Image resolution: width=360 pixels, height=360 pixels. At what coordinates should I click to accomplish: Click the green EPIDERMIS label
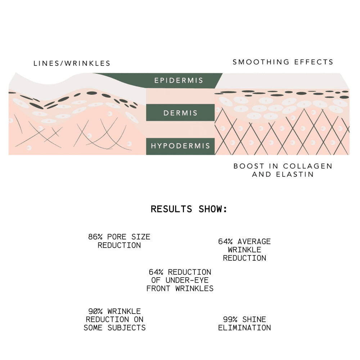point(179,80)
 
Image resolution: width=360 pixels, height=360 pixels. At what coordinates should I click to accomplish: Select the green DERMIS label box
point(180,112)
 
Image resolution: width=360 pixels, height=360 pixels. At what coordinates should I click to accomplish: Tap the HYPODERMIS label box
point(180,146)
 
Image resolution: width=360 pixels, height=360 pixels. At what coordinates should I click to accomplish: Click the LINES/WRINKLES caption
point(72,63)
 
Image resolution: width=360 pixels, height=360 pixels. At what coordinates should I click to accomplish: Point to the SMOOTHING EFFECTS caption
point(283,62)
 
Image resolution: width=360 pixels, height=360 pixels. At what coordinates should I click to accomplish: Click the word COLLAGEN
point(308,166)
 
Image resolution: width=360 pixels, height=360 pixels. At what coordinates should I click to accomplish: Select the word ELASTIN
point(294,174)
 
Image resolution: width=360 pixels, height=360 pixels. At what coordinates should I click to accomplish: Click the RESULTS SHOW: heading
point(189,209)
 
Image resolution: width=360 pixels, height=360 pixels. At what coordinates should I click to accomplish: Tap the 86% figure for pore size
point(95,237)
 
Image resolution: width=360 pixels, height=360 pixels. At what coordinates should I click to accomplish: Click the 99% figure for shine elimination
point(230,319)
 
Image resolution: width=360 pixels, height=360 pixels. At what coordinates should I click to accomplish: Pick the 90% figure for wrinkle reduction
point(95,311)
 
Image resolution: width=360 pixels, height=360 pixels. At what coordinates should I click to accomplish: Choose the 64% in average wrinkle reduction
point(225,241)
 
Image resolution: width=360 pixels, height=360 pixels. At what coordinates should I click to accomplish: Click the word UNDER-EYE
point(187,280)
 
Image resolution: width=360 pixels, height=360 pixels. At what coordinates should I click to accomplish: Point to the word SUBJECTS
point(126,328)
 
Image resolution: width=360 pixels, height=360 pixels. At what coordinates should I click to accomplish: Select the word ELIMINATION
point(244,328)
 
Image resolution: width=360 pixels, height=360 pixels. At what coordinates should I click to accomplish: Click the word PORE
point(117,237)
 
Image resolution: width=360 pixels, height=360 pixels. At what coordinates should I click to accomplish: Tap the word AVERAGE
point(254,241)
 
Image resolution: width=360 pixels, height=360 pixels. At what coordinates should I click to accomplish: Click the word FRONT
point(158,288)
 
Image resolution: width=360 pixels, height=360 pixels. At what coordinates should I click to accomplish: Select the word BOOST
point(246,166)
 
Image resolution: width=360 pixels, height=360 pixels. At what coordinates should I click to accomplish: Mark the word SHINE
point(254,319)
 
